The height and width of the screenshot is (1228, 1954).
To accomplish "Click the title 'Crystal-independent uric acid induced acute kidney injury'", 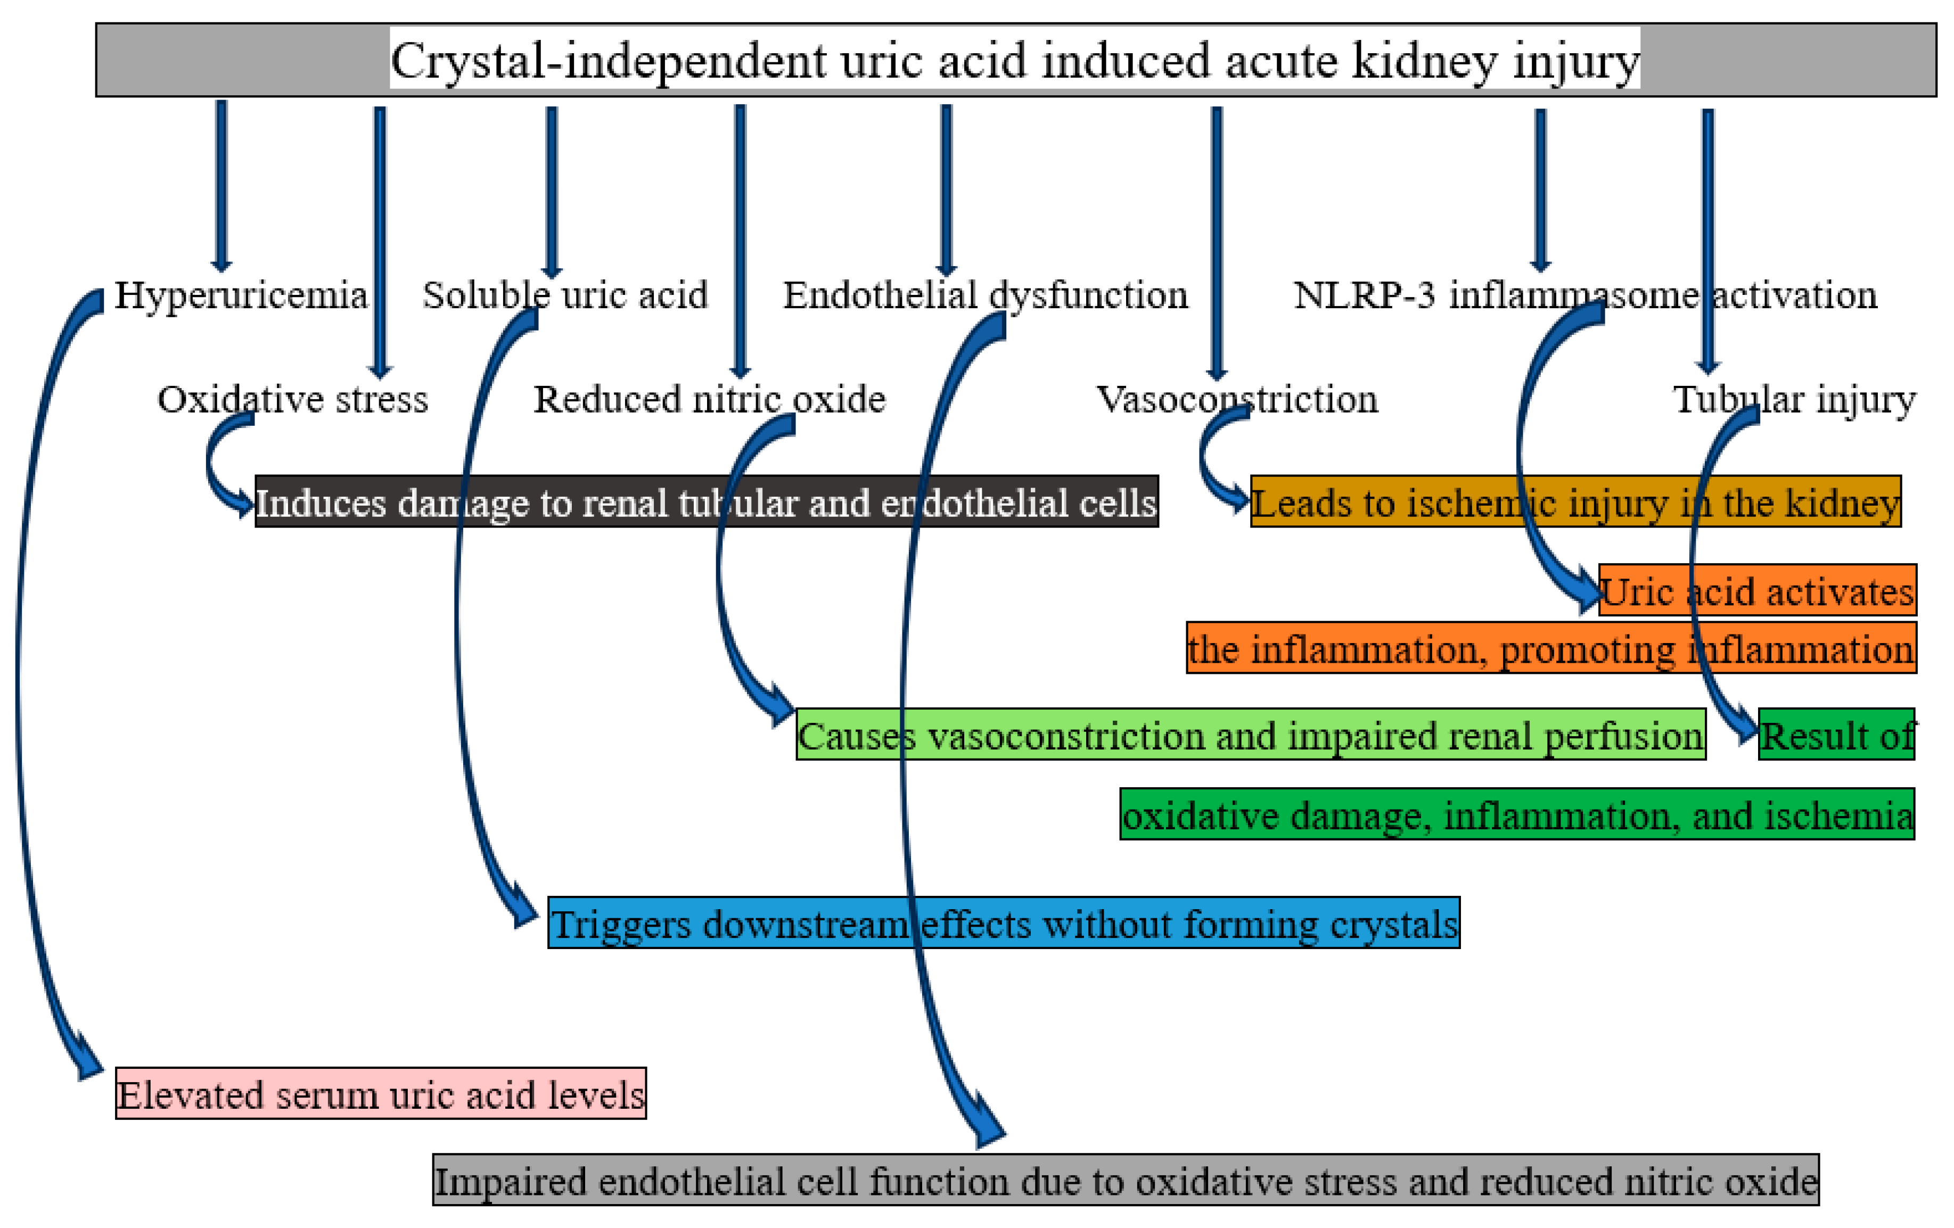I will pyautogui.click(x=1014, y=61).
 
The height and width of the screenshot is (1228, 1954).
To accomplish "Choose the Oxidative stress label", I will pyautogui.click(x=292, y=399).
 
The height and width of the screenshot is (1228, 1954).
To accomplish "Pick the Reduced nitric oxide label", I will pyautogui.click(x=709, y=399).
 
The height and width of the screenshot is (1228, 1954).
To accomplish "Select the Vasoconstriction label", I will pyautogui.click(x=1237, y=399).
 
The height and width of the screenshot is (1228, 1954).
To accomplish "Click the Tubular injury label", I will pyautogui.click(x=1794, y=399).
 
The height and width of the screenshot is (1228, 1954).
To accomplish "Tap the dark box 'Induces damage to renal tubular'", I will pyautogui.click(x=706, y=502).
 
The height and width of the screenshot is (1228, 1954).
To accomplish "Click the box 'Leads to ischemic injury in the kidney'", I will pyautogui.click(x=1574, y=502).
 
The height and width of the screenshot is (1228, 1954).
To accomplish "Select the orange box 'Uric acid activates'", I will pyautogui.click(x=1757, y=590).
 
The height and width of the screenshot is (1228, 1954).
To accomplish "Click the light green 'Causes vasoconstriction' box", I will pyautogui.click(x=1250, y=735).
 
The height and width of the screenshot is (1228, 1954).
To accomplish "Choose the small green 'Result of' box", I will pyautogui.click(x=1835, y=735).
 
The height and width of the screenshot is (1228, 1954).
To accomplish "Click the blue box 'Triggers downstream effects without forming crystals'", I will pyautogui.click(x=1003, y=923).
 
